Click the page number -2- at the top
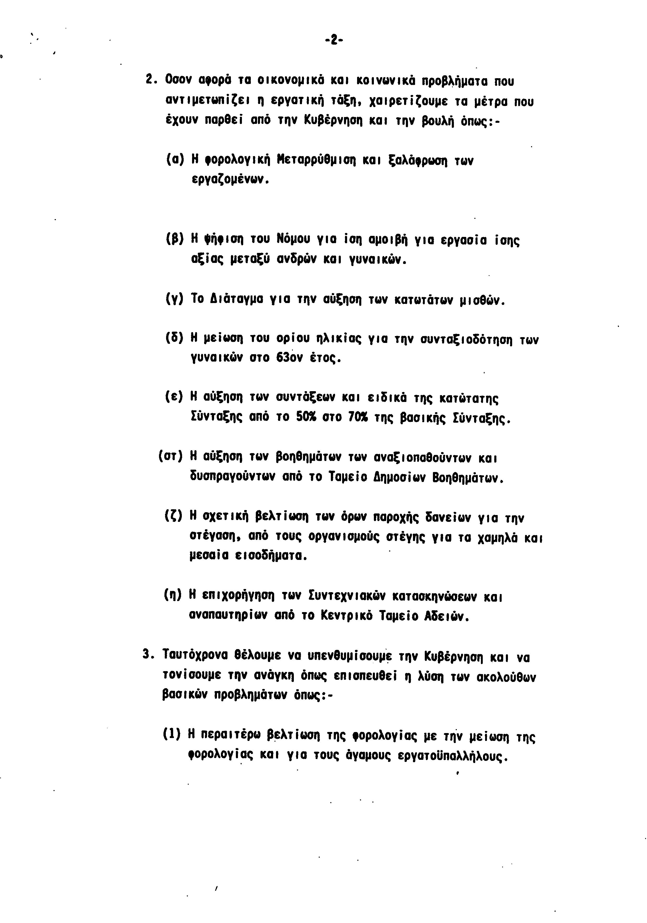333,40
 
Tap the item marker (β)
174,240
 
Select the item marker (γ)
174,300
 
